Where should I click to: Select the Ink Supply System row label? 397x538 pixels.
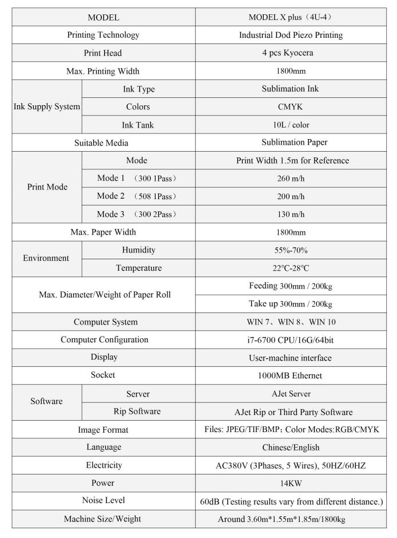[47, 107]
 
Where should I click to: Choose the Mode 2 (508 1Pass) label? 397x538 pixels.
[137, 196]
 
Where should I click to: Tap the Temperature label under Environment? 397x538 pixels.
[138, 268]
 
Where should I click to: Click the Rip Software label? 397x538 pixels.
[138, 412]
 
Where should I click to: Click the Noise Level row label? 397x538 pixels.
[104, 501]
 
